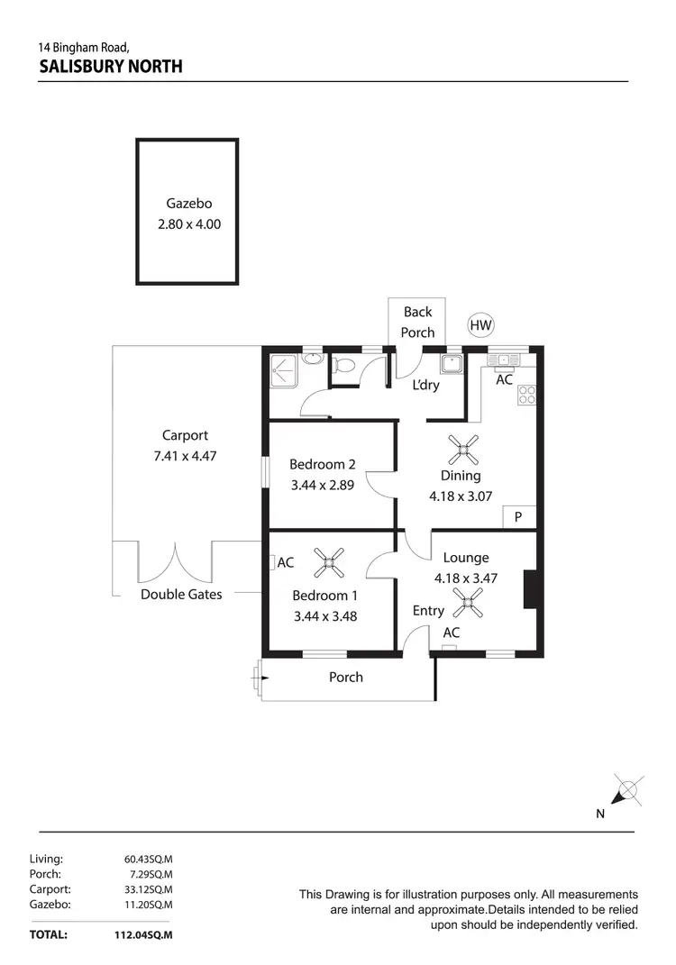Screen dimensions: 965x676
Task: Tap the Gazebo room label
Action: pos(188,204)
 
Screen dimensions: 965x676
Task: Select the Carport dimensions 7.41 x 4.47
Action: pos(185,456)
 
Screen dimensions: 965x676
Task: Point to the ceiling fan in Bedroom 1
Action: pos(330,565)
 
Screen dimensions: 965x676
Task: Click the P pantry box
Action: pos(518,517)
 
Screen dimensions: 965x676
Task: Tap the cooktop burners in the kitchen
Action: pos(526,394)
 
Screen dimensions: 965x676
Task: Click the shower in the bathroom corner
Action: pos(283,369)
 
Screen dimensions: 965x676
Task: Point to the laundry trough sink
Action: pos(452,364)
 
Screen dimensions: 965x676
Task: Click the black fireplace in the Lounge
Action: pos(532,590)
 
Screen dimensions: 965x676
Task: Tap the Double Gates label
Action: pos(181,595)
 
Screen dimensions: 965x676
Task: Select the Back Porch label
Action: pos(417,322)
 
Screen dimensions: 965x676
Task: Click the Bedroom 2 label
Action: pos(322,465)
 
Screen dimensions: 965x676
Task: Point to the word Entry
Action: pos(428,611)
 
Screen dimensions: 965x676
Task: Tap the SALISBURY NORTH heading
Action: pos(111,66)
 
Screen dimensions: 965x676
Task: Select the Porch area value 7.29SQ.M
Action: pos(149,874)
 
